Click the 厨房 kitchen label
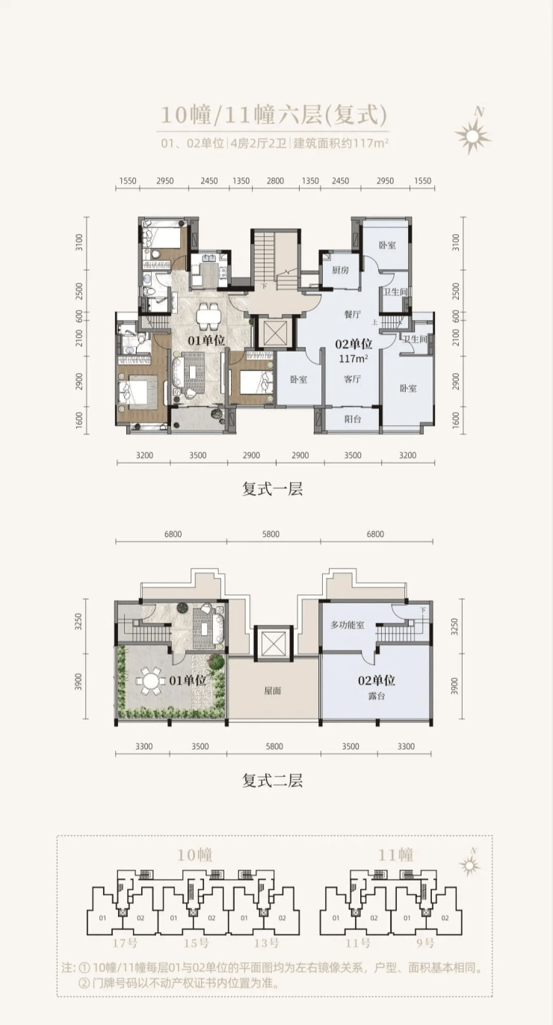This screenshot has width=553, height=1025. (x=341, y=270)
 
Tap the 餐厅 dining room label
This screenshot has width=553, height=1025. (x=353, y=314)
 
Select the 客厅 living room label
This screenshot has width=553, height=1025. (x=353, y=379)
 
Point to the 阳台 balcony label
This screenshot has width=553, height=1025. (x=352, y=419)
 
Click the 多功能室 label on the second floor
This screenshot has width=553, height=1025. (x=347, y=624)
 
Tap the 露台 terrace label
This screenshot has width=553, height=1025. (x=376, y=696)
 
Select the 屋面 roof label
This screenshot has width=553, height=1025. (x=273, y=691)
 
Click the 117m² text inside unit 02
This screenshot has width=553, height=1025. (x=353, y=359)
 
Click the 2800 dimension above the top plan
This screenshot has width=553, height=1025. (x=275, y=181)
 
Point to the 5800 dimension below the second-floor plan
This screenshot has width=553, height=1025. (x=274, y=746)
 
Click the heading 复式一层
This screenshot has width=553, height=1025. (x=273, y=489)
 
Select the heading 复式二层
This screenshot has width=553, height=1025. (x=273, y=781)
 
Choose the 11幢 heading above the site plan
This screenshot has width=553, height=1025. (x=395, y=855)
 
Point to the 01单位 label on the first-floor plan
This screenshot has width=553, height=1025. (x=206, y=340)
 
